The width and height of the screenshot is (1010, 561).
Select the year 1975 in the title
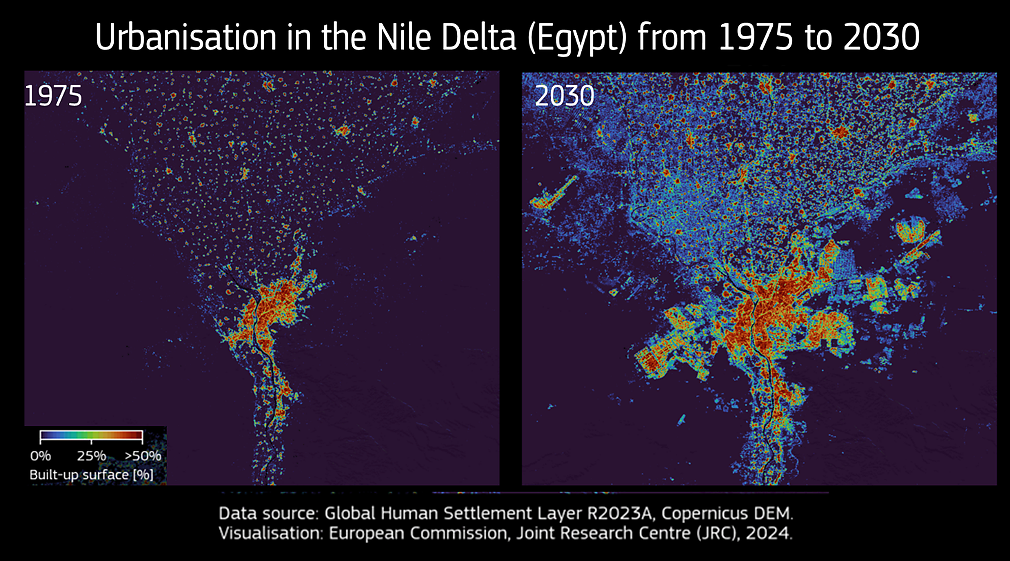click(756, 37)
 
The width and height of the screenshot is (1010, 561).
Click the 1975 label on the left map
click(53, 96)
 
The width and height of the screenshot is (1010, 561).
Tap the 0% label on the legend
click(40, 456)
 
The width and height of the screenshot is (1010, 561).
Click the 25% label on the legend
click(91, 456)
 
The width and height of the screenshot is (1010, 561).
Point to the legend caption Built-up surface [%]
click(91, 475)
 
